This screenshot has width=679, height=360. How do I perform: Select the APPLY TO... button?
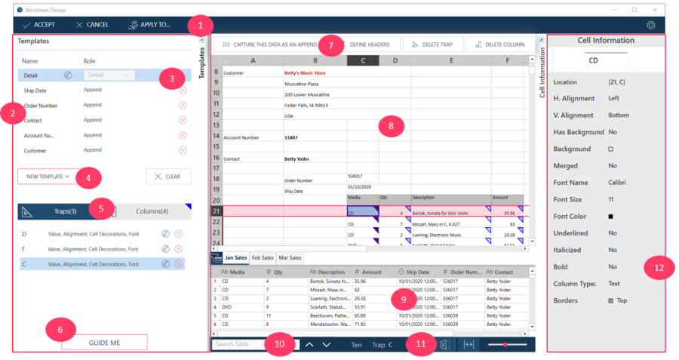click(x=149, y=25)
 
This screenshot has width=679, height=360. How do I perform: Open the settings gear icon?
click(x=651, y=25)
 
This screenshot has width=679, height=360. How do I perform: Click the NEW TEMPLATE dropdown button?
click(x=48, y=177)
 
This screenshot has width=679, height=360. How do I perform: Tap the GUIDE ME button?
click(x=104, y=342)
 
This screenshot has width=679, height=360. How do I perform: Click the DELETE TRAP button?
click(x=432, y=45)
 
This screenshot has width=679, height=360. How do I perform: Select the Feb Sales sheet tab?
click(x=263, y=257)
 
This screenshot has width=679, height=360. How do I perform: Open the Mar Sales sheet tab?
click(x=290, y=257)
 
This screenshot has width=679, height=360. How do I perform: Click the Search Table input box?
click(x=238, y=344)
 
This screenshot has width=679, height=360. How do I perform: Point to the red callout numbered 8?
click(x=391, y=126)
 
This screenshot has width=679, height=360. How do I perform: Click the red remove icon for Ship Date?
click(x=182, y=90)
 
